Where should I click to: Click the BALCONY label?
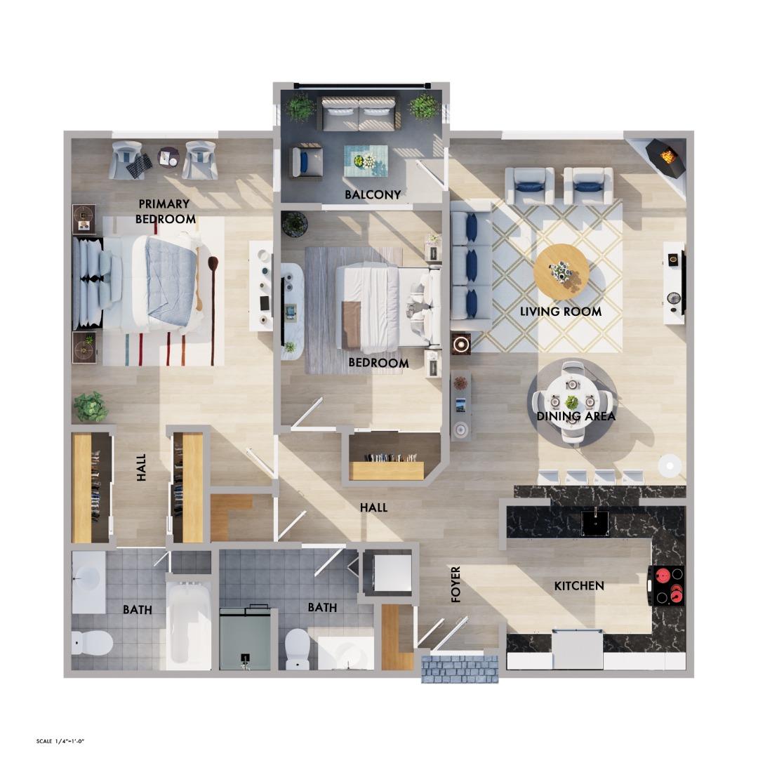tap(373, 194)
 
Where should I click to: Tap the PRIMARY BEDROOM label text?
tap(165, 211)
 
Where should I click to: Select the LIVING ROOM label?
tap(561, 311)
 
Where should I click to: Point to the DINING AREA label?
tap(576, 416)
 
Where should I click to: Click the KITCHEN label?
tap(579, 585)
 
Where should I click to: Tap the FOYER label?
tap(456, 584)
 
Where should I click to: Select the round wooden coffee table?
tap(561, 272)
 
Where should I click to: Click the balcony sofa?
tap(359, 114)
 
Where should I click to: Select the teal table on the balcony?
tap(365, 161)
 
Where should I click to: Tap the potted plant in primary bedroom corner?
tap(91, 406)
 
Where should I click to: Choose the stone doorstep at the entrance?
tap(460, 668)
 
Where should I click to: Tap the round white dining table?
tap(572, 402)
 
